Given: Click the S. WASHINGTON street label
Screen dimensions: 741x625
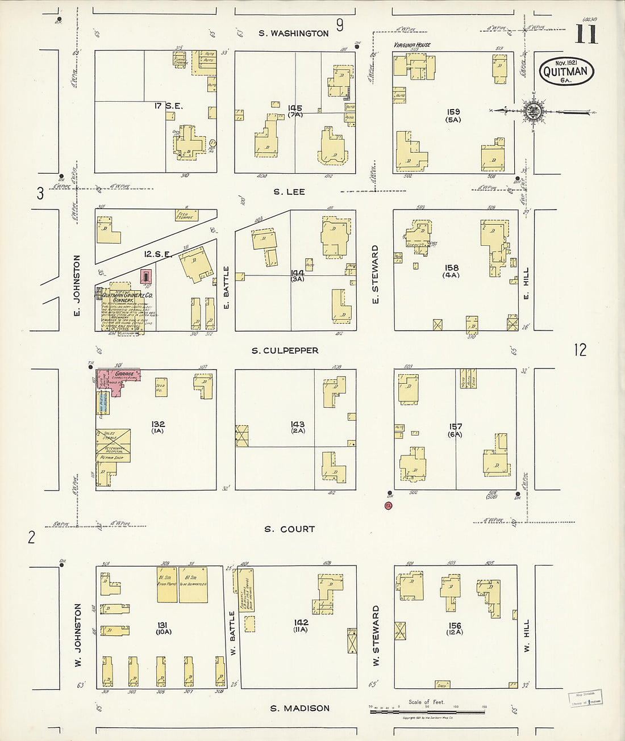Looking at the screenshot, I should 293,34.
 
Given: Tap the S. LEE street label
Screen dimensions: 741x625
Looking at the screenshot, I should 289,192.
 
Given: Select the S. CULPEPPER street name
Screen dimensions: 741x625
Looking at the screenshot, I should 285,351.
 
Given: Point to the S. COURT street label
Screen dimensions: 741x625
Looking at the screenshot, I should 289,529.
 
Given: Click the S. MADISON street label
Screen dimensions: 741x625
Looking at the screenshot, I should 299,708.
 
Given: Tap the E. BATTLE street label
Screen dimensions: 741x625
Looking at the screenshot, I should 226,288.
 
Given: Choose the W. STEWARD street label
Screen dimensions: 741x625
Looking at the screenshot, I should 376,635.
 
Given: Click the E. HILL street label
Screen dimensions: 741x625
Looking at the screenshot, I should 526,284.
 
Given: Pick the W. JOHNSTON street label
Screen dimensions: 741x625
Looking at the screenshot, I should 78,635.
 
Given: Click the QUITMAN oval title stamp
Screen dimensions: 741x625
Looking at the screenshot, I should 566,72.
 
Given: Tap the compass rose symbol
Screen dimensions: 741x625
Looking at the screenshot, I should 533,111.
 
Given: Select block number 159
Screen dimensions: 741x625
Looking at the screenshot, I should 453,112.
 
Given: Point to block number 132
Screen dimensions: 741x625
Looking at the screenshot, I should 157,424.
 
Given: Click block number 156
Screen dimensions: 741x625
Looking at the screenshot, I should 455,626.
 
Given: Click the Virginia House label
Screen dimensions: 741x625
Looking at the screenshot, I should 412,45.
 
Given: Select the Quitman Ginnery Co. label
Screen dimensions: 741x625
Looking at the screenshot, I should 127,296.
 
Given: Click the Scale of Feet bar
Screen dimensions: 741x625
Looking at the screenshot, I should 427,709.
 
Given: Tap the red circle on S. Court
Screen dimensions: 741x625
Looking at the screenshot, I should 389,505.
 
